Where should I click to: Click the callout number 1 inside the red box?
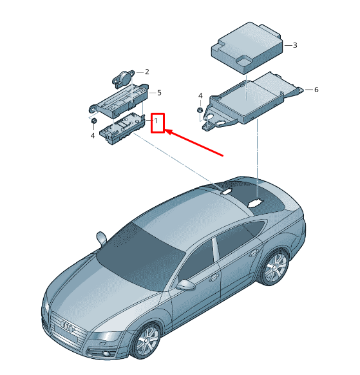pos(156,120)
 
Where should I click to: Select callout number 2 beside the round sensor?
pos(147,72)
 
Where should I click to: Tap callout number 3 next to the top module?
pos(295,45)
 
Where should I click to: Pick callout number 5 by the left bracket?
pos(159,93)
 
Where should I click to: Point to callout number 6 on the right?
pos(316,90)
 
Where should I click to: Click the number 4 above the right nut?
pos(200,96)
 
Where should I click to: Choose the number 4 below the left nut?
pos(93,135)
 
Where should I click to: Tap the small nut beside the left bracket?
pos(94,120)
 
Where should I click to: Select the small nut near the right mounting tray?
pos(200,110)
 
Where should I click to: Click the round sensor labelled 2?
pos(123,77)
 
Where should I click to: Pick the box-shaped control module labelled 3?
pos(247,47)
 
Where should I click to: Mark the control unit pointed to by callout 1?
pos(122,128)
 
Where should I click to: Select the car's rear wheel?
pos(276,266)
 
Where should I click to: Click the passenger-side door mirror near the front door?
pos(185,285)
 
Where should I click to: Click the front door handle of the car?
pos(214,278)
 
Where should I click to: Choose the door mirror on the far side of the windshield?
pos(102,238)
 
